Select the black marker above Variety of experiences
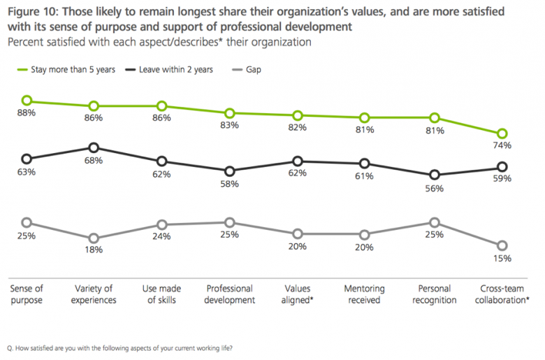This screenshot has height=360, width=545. point(94,147)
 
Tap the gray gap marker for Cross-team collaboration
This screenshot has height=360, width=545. point(502,245)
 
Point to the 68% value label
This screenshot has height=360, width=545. point(94,160)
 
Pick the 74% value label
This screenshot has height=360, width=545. point(502,145)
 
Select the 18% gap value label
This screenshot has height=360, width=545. point(94,250)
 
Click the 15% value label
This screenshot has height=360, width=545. point(502,258)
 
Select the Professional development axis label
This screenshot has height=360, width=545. point(229,294)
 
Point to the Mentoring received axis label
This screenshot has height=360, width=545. point(363,294)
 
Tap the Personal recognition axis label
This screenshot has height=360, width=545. point(434,294)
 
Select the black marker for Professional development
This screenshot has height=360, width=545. point(229,171)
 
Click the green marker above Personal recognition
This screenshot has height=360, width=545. point(434,117)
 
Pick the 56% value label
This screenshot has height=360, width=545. point(434,187)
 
